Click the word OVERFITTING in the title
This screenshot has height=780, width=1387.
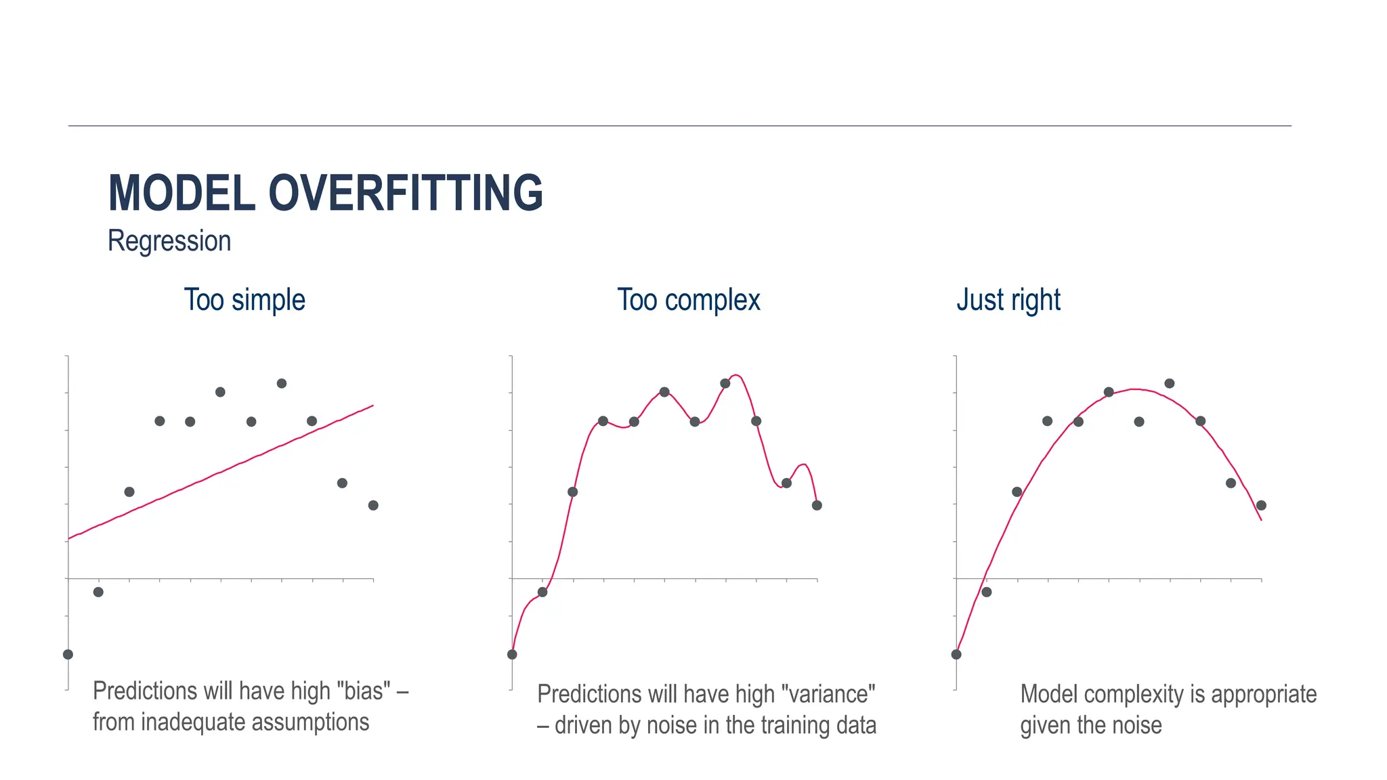point(406,193)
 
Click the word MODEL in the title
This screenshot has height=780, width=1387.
point(182,193)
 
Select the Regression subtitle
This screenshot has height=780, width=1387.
point(169,241)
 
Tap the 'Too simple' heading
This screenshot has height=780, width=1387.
point(244,299)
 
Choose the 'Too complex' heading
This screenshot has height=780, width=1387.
point(688,299)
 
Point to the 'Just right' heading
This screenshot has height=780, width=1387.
point(1008,299)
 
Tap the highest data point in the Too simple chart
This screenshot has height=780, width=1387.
point(282,383)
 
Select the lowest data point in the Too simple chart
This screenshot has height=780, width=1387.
point(68,654)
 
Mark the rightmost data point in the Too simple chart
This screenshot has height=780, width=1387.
point(373,505)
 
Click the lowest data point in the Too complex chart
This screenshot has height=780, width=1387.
point(512,654)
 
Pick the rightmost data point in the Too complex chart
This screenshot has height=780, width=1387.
point(817,505)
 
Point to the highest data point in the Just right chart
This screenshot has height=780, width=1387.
point(1169,383)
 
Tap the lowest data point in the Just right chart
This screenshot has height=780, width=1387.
point(956,654)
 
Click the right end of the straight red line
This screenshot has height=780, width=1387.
point(373,406)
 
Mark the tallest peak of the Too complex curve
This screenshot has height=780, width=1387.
point(738,375)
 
